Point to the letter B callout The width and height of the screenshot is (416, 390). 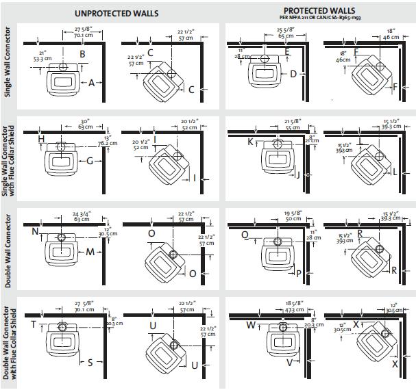pyautogui.click(x=82, y=53)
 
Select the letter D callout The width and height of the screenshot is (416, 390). pyautogui.click(x=293, y=74)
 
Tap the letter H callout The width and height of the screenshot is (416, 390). pyautogui.click(x=42, y=140)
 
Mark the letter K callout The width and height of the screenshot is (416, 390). pyautogui.click(x=250, y=142)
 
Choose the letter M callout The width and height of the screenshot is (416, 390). pyautogui.click(x=90, y=252)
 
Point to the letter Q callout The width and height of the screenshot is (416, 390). pyautogui.click(x=245, y=235)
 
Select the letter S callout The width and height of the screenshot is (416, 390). pyautogui.click(x=90, y=363)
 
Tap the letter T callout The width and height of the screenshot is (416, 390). pyautogui.click(x=32, y=324)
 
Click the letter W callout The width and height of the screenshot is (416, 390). pyautogui.click(x=250, y=324)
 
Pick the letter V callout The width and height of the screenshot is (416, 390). pyautogui.click(x=289, y=363)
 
